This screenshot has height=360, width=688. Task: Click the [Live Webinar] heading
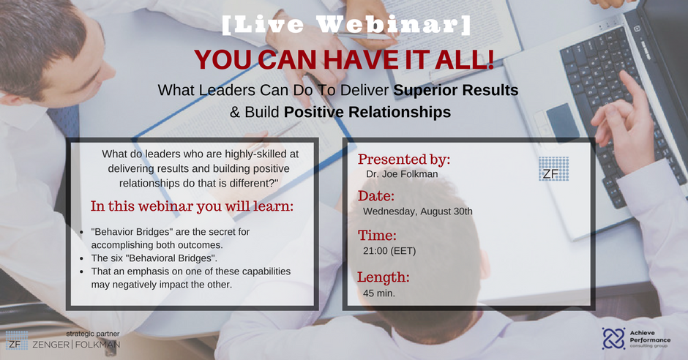[x=346, y=25]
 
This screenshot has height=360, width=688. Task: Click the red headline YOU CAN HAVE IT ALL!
[x=344, y=60]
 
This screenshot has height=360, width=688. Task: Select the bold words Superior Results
[x=455, y=90]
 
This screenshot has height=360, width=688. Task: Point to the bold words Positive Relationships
[x=367, y=112]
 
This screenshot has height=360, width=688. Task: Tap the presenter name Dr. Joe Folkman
[x=402, y=174]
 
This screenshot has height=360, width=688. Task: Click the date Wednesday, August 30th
[x=418, y=211]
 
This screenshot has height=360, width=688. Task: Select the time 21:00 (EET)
[x=389, y=251]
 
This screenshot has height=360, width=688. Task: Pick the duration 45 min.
[x=379, y=293]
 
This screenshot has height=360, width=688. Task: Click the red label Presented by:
[x=404, y=160]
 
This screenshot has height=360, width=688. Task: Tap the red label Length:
[x=383, y=277]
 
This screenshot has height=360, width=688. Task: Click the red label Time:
[x=377, y=236]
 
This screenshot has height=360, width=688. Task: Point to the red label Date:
[x=375, y=196]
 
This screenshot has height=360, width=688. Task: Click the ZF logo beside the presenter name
[x=554, y=169]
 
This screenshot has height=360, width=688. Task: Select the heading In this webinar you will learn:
[x=192, y=206]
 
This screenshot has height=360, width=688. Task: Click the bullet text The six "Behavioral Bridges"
[x=154, y=258]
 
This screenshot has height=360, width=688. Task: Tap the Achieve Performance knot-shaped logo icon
[x=613, y=339]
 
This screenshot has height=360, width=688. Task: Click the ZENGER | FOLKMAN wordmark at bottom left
[x=76, y=345]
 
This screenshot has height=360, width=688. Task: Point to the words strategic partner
[x=92, y=334]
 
